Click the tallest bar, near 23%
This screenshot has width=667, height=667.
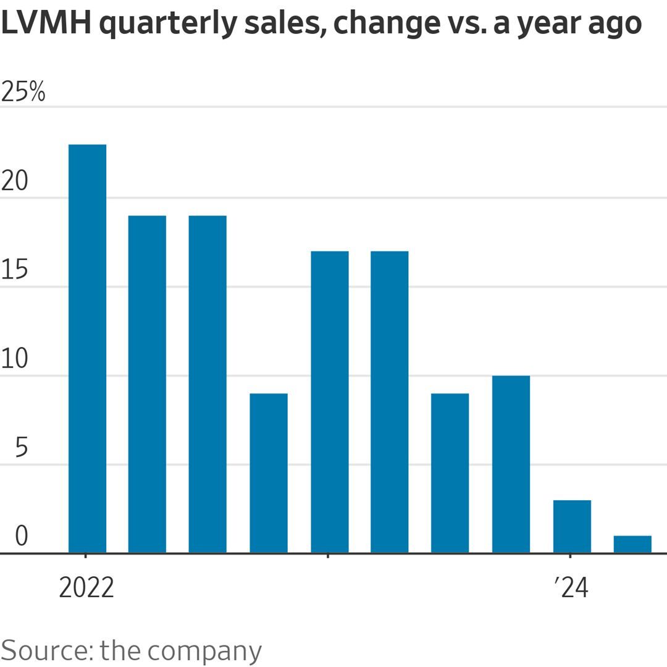[x=87, y=348]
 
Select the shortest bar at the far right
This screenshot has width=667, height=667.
[x=632, y=544]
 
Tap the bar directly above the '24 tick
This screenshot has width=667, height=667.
[x=572, y=526]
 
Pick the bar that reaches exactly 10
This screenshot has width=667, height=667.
[x=511, y=464]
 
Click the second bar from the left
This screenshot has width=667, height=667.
[x=147, y=384]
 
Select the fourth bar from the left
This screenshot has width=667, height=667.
[x=269, y=472]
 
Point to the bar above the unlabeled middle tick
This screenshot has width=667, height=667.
[x=329, y=401]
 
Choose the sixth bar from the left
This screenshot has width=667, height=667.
[x=390, y=401]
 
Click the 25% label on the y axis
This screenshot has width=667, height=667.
[x=23, y=93]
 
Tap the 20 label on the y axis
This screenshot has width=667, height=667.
[x=15, y=182]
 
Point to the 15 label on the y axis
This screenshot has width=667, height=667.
[x=15, y=271]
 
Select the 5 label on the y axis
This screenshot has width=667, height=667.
[x=22, y=448]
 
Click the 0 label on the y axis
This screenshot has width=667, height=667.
[x=22, y=536]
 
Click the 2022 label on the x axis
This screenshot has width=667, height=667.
[x=86, y=588]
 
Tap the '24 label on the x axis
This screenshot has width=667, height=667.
[x=572, y=588]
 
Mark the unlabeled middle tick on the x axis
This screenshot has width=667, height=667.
[x=328, y=556]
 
